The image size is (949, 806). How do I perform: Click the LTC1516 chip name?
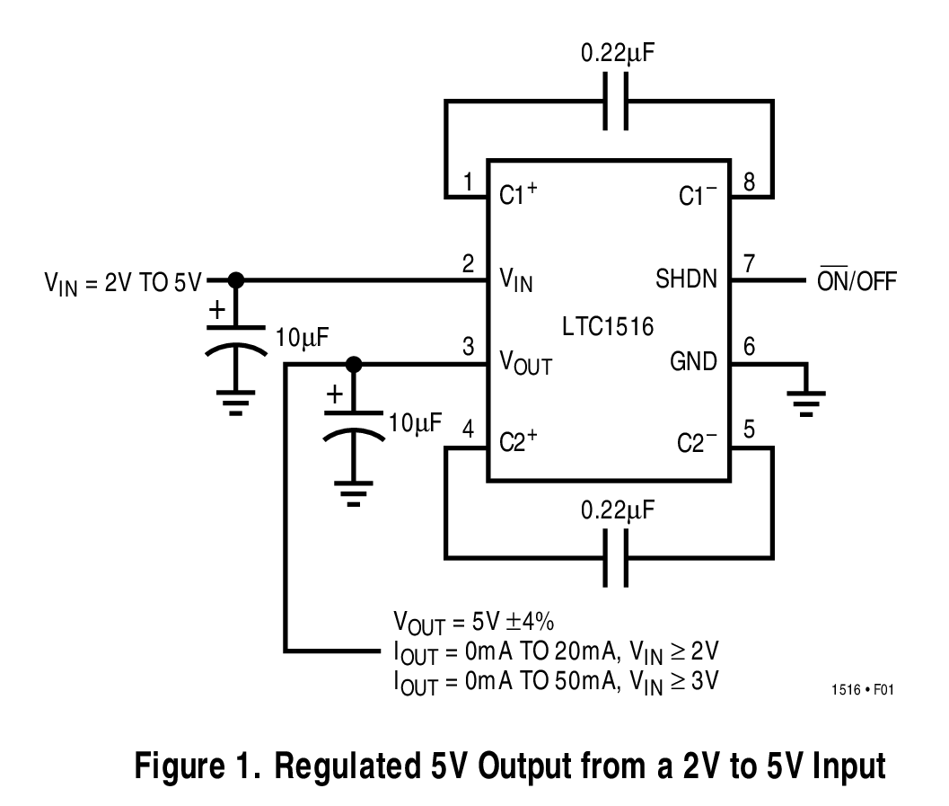(x=608, y=321)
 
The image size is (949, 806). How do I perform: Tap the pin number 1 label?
(x=469, y=183)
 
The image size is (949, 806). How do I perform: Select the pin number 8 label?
(x=749, y=183)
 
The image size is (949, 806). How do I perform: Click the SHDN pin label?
(x=687, y=279)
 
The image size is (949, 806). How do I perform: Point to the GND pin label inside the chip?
(x=693, y=362)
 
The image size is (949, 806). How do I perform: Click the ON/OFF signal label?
(x=856, y=281)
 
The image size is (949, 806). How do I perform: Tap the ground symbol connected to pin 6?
(x=808, y=401)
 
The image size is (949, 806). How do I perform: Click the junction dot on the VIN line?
(x=235, y=279)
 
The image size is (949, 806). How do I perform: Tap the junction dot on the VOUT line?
(x=354, y=364)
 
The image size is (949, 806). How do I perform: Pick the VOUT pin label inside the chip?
(x=525, y=365)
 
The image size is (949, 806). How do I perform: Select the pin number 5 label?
(x=749, y=430)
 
